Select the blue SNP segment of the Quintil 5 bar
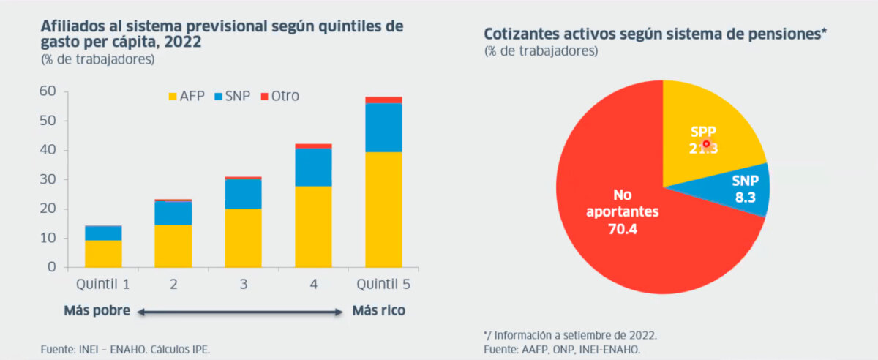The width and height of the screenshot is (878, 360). pos(383,127)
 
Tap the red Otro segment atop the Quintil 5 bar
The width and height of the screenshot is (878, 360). pos(383,100)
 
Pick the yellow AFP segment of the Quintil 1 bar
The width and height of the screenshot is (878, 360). pos(102,253)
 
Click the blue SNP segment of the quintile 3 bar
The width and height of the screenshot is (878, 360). pos(243,194)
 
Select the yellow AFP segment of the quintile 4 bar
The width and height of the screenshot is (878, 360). pos(313,226)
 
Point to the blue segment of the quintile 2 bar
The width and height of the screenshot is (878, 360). pos(173,213)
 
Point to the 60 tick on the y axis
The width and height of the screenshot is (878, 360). pos(48,91)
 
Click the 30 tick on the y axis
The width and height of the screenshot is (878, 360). pos(48,179)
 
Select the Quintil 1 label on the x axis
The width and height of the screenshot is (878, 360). pos(102,284)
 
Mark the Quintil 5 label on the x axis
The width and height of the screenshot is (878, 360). pos(383,284)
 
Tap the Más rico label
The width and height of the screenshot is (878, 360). pos(378,311)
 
